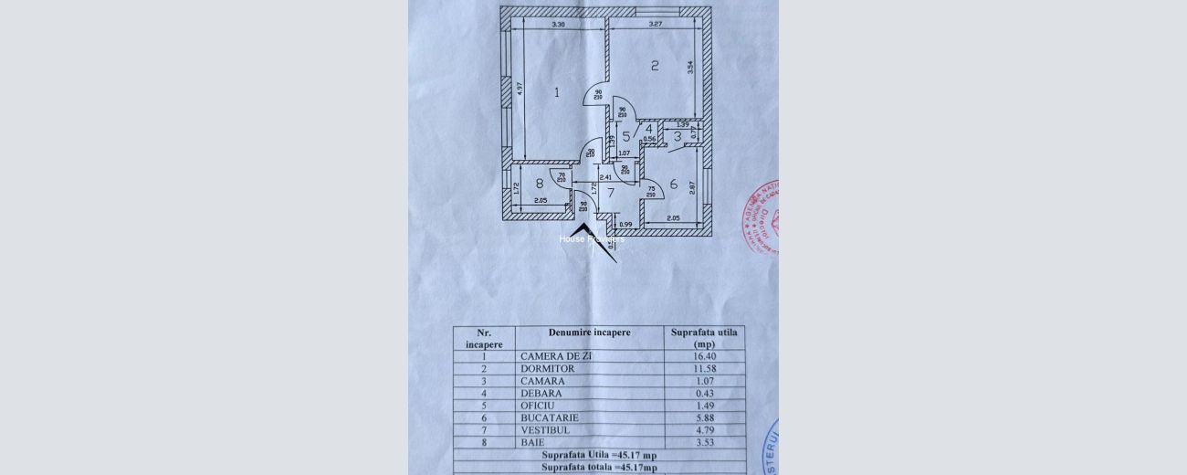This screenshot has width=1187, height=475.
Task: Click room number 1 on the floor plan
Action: click(x=556, y=91)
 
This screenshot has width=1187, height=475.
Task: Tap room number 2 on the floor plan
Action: click(x=655, y=65)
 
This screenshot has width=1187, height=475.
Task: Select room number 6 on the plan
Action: click(x=674, y=184)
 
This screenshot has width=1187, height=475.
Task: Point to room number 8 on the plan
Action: click(x=540, y=183)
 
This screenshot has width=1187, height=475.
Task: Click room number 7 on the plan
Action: click(x=611, y=193)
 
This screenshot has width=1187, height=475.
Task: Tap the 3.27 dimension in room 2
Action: click(x=655, y=24)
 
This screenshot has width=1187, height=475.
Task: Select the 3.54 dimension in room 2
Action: click(x=691, y=67)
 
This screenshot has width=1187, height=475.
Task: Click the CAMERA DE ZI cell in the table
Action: click(x=557, y=356)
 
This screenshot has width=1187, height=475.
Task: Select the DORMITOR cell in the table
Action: click(x=549, y=369)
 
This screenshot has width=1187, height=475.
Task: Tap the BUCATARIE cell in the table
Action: click(x=551, y=417)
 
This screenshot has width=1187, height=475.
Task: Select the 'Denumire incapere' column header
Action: click(x=589, y=332)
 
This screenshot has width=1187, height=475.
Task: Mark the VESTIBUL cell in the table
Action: click(x=549, y=429)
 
